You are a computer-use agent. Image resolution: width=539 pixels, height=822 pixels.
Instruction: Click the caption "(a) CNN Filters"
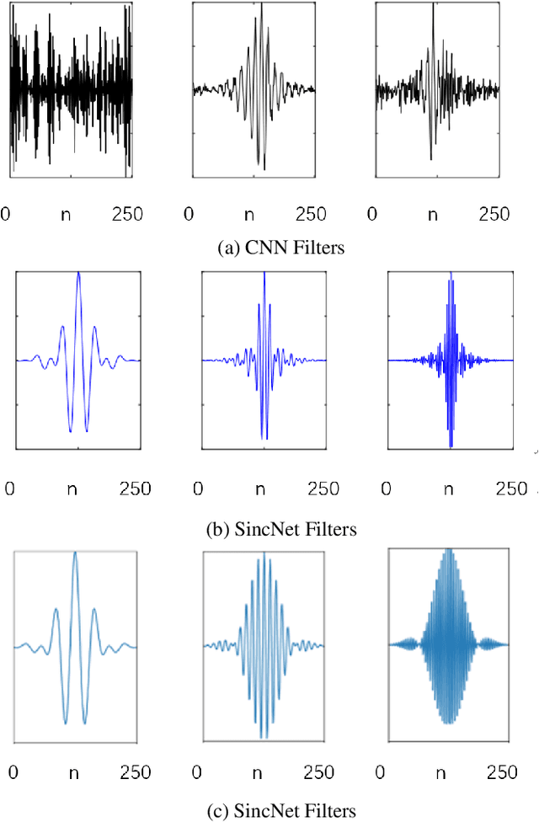pyautogui.click(x=269, y=247)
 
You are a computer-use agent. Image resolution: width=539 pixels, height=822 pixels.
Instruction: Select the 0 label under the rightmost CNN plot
pyautogui.click(x=371, y=213)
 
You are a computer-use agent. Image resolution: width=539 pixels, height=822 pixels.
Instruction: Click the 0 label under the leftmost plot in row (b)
pyautogui.click(x=9, y=488)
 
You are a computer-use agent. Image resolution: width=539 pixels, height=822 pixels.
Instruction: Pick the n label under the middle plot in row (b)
pyautogui.click(x=264, y=488)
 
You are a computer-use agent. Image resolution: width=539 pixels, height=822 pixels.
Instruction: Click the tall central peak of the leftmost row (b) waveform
pyautogui.click(x=78, y=275)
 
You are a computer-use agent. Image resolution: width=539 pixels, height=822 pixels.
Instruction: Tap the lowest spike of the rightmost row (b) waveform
pyautogui.click(x=451, y=445)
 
